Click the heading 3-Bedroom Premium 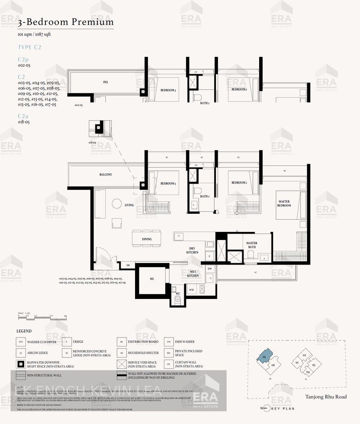click(x=66, y=22)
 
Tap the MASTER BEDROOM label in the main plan click(x=284, y=204)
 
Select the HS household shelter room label click(x=152, y=279)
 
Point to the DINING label click(x=147, y=239)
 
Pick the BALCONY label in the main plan click(x=105, y=175)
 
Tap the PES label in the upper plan click(x=105, y=82)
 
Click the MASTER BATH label click(x=252, y=245)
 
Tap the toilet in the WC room click(x=177, y=300)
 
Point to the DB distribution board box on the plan click(x=127, y=265)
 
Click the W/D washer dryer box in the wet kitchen click(x=191, y=290)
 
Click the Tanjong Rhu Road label click(x=326, y=397)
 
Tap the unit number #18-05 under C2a click(x=24, y=122)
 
